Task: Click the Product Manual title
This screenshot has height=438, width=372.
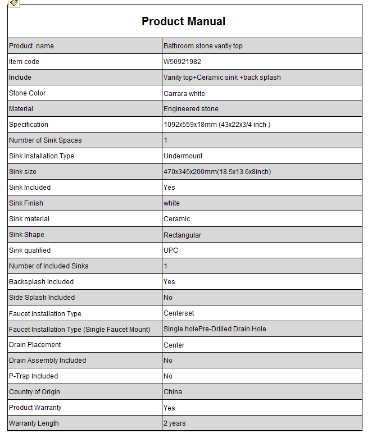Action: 183,22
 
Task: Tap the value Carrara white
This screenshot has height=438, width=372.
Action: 184,93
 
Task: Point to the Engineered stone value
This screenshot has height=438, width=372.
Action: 191,109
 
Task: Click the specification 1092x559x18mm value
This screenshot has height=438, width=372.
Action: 217,125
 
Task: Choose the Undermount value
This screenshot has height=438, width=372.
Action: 183,156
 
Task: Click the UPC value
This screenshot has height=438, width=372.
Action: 170,250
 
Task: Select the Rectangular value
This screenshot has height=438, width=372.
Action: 182,235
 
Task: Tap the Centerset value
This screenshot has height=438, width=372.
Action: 179,313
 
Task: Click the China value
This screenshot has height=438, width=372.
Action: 173,392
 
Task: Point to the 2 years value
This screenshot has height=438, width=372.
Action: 174,423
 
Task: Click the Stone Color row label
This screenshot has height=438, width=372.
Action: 28,93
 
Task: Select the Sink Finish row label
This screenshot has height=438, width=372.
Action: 26,203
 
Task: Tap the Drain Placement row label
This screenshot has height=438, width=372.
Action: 35,345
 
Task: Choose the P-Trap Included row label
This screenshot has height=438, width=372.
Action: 33,376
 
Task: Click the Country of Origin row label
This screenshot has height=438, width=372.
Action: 34,392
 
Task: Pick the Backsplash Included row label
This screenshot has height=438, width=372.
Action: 41,282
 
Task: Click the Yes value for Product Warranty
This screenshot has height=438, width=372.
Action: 169,408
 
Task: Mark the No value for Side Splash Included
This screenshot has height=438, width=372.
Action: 168,298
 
